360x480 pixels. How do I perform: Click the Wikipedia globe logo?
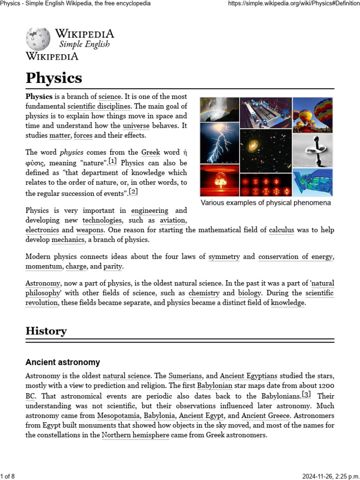click(38, 39)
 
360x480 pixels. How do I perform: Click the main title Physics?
click(53, 77)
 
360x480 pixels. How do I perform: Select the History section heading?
click(46, 331)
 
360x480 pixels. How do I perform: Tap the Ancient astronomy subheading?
click(62, 362)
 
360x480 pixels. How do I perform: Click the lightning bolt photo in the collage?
click(219, 143)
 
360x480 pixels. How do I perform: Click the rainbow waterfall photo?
click(219, 110)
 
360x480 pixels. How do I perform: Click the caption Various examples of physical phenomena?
click(266, 203)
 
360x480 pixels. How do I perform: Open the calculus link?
click(281, 230)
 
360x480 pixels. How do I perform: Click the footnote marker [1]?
click(112, 161)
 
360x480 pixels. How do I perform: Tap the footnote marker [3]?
click(306, 394)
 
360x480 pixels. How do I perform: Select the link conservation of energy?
click(295, 257)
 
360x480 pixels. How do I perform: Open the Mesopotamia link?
click(118, 415)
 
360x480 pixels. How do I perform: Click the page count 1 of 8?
click(8, 476)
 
